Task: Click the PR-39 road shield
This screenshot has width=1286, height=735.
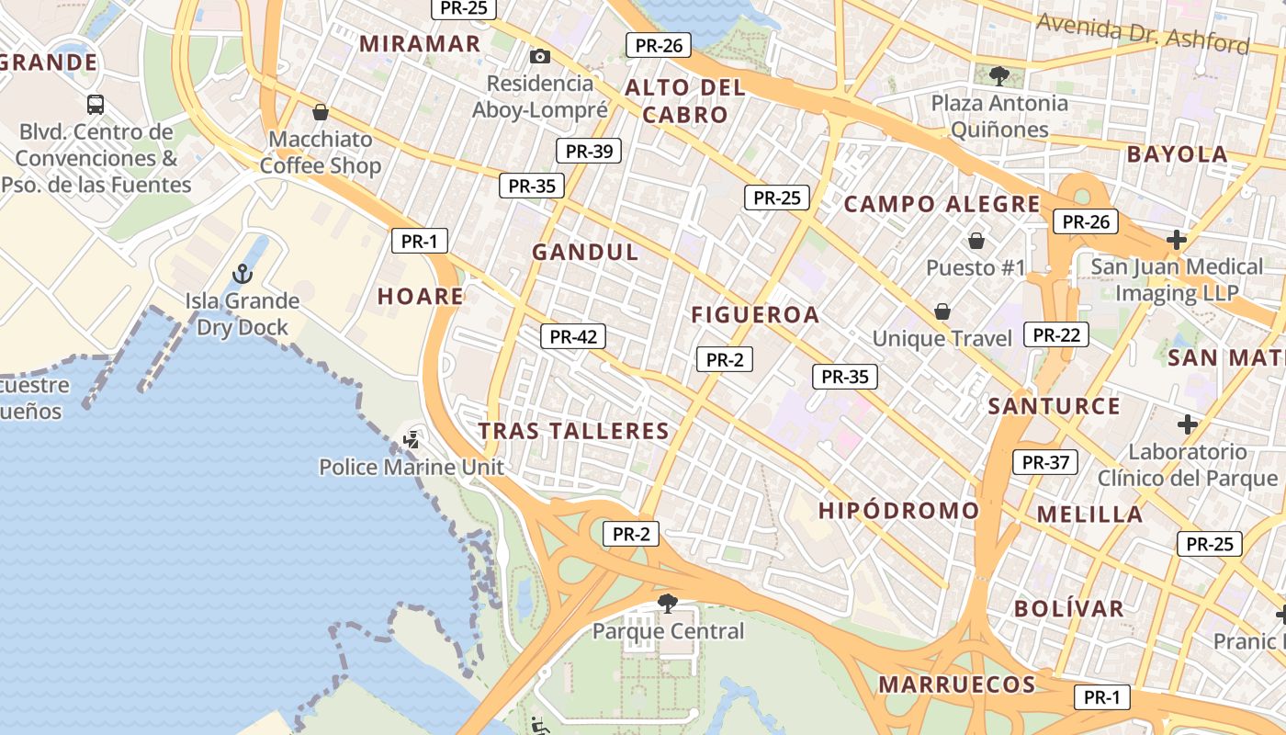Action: coord(589,151)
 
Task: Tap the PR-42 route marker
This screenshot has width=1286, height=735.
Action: coord(573,336)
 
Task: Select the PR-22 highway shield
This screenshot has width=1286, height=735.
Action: coord(1056,334)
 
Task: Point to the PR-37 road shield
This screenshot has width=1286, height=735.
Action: coord(1045,462)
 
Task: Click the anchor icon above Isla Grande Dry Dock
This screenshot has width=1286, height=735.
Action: coord(242,273)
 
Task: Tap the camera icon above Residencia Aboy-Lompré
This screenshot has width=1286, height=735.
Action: coord(540,57)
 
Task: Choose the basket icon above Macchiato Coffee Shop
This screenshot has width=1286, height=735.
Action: coord(320,112)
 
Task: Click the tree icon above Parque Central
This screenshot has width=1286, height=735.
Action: coord(668,604)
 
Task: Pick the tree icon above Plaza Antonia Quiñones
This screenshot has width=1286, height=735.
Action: coord(999,75)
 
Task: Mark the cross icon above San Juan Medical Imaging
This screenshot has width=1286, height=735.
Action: coord(1176,240)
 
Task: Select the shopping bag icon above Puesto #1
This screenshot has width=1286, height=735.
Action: coord(976,241)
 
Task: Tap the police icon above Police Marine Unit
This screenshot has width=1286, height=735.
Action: coord(411,440)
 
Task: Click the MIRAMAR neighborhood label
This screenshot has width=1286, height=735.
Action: coord(420,43)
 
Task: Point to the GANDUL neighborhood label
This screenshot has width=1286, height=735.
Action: coord(585,252)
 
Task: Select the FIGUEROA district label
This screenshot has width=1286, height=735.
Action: coord(755,314)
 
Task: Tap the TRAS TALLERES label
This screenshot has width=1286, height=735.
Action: coord(574,431)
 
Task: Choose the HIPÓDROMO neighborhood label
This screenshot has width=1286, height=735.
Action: coord(899,511)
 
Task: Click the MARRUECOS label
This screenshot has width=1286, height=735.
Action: coord(957,684)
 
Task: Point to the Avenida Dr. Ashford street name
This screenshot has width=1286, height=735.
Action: coord(1143,33)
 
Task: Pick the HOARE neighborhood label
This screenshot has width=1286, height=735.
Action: coord(421,296)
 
